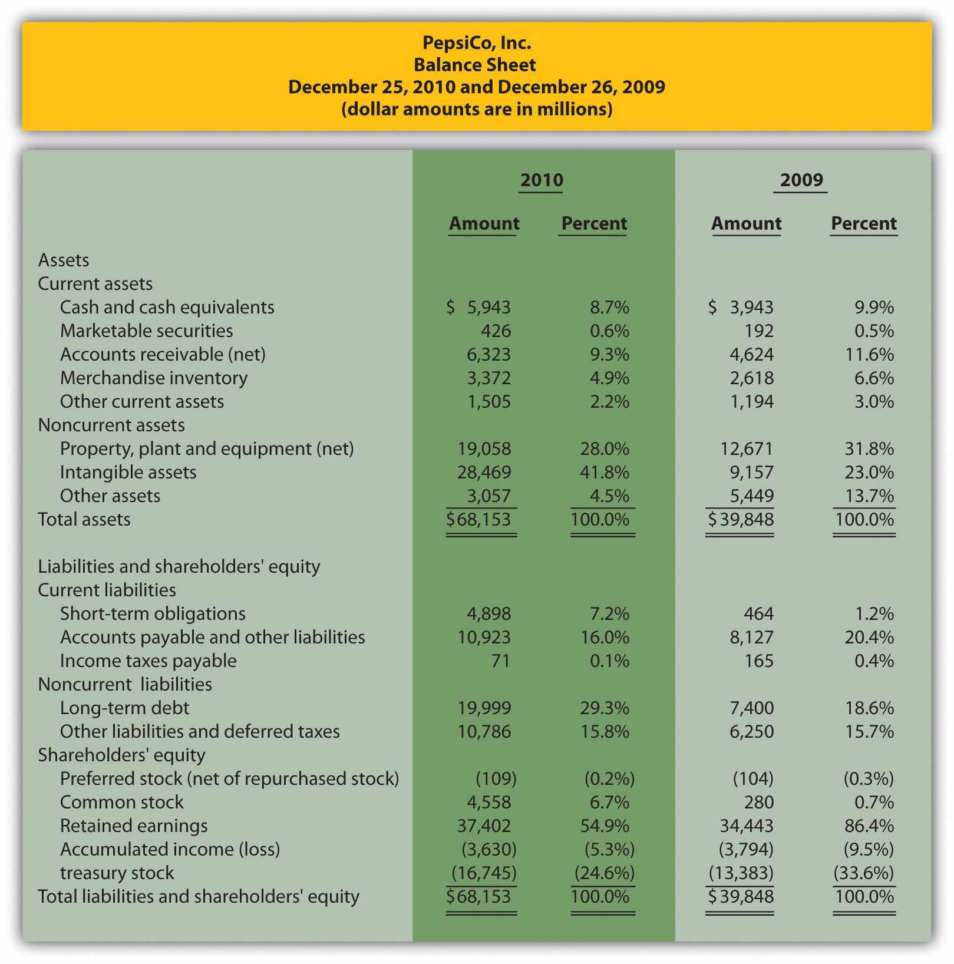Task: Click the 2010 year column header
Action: pos(542,180)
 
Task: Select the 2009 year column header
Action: pos(801,180)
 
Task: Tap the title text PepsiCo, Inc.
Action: pos(477,42)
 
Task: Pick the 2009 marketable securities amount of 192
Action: pos(759,331)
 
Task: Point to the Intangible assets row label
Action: pos(128,472)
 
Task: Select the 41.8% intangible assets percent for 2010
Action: pos(605,472)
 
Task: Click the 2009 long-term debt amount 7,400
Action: pos(752,708)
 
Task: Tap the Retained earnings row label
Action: pos(134,826)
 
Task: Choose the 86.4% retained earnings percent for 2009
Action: pos(869,826)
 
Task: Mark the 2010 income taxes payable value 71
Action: pos(500,661)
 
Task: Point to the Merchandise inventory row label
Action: pos(154,378)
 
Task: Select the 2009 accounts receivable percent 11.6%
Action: pos(869,354)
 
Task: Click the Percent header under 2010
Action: pos(594,223)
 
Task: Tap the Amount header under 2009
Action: pos(746,223)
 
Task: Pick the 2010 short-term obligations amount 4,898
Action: pos(489,613)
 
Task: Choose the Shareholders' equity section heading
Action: pos(121,755)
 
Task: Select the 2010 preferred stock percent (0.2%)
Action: pos(609,778)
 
